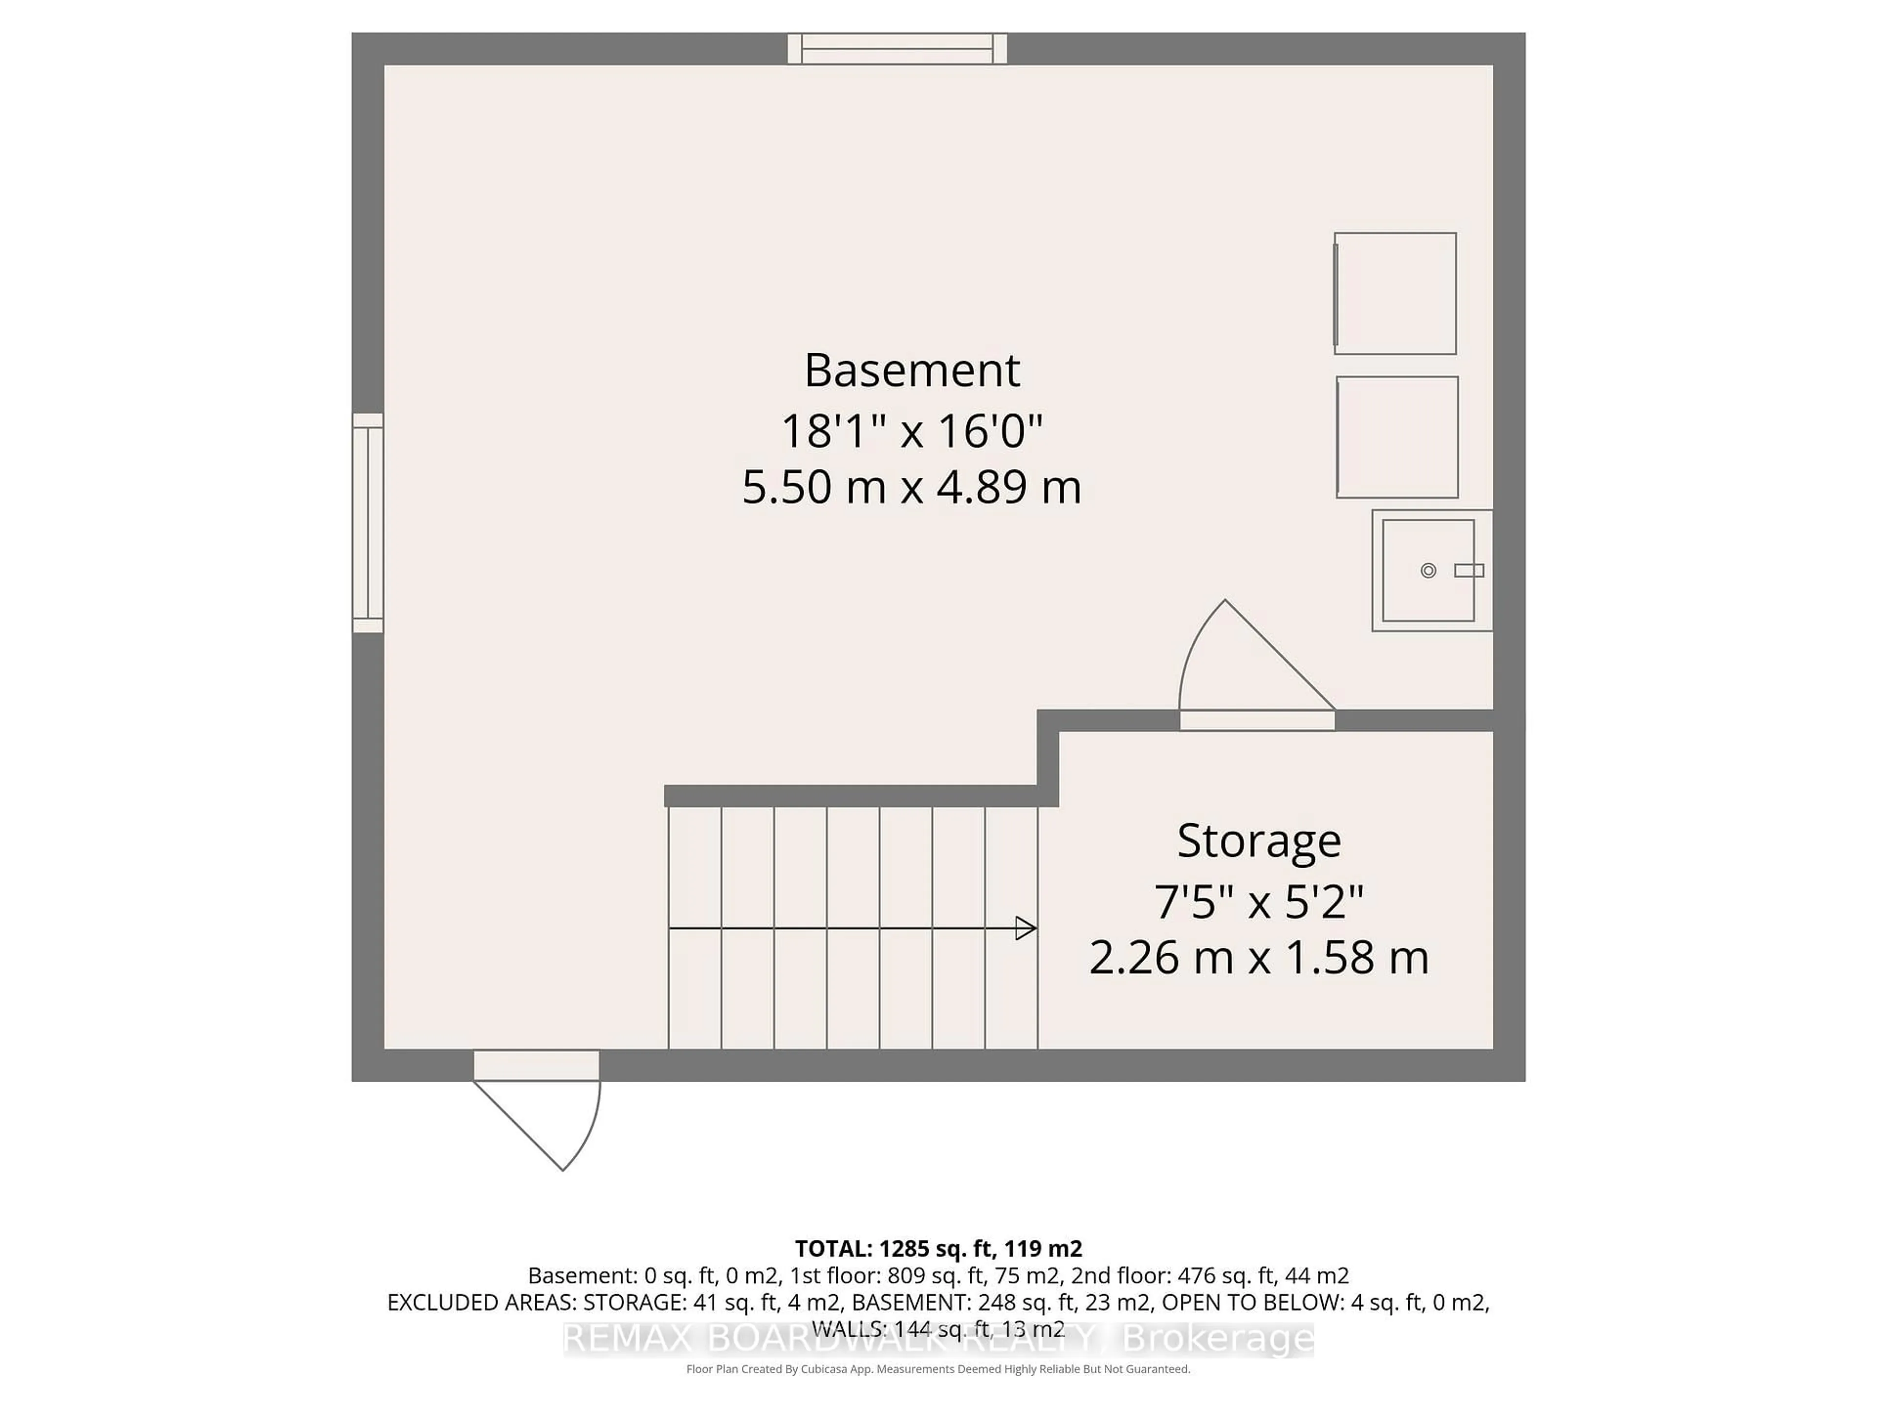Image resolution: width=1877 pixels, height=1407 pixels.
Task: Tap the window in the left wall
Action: [x=368, y=523]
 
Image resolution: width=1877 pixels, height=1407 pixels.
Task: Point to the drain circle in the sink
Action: [x=1428, y=571]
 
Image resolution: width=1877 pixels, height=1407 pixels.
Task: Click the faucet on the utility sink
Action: [x=1469, y=571]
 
